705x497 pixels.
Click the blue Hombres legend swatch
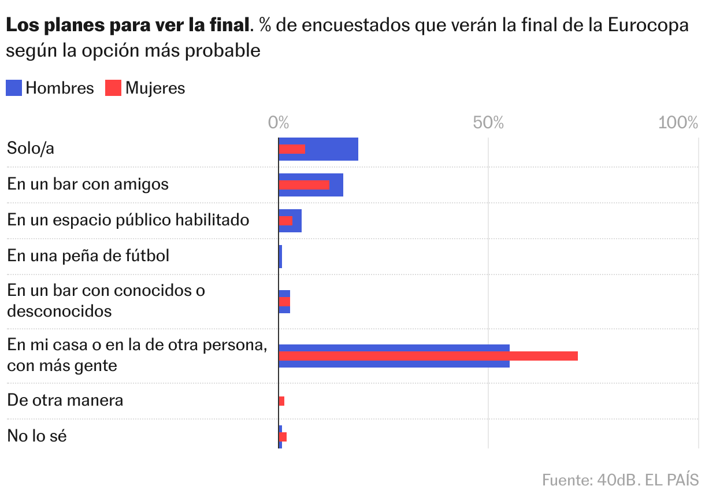(14, 88)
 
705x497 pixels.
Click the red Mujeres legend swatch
(113, 88)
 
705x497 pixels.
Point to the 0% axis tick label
(279, 123)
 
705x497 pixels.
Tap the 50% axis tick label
(488, 123)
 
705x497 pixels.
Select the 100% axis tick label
(678, 123)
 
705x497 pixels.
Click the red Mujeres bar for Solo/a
(292, 149)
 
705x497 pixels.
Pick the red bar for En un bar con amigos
(304, 185)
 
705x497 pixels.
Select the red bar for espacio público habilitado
(285, 221)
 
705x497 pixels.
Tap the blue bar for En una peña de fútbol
(280, 257)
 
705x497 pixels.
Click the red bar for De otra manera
(281, 401)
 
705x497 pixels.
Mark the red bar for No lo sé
(283, 437)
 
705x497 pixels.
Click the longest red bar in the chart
(428, 356)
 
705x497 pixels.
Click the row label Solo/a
(31, 149)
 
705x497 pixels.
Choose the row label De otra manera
(65, 400)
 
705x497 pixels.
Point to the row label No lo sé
(37, 436)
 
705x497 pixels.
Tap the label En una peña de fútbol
(88, 255)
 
